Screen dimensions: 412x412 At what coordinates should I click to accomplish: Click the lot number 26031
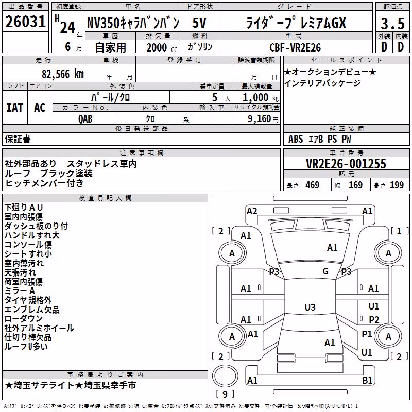click(25, 22)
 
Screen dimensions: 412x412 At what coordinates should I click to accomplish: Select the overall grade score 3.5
click(392, 23)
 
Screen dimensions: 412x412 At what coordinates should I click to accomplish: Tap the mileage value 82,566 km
click(63, 74)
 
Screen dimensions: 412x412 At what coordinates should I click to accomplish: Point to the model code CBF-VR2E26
click(295, 47)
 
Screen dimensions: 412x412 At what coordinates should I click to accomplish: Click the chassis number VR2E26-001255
click(346, 164)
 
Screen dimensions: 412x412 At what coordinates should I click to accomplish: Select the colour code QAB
click(85, 119)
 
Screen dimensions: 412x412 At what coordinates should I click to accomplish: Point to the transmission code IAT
click(15, 108)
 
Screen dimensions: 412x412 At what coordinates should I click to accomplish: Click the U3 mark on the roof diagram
click(310, 307)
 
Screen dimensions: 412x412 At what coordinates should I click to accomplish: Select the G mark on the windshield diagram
click(325, 271)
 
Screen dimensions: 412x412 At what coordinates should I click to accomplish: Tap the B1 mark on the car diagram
click(367, 380)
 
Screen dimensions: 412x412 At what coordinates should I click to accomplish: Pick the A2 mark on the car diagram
click(252, 211)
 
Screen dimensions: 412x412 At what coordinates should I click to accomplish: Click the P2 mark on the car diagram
click(374, 319)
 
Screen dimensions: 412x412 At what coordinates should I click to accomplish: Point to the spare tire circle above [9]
click(225, 376)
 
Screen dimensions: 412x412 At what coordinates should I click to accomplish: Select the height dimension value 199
click(397, 185)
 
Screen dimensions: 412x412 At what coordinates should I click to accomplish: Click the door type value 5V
click(199, 23)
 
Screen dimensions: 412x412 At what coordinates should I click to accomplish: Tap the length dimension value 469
click(313, 185)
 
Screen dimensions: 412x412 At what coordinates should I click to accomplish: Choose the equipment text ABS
click(296, 139)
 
